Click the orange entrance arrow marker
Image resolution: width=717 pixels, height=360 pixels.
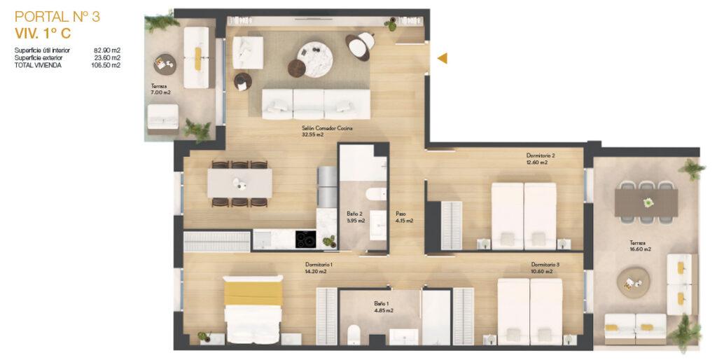pyautogui.click(x=443, y=58)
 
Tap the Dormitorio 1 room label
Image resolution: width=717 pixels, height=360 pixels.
pyautogui.click(x=319, y=264)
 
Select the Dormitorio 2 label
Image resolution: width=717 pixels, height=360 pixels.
pyautogui.click(x=541, y=155)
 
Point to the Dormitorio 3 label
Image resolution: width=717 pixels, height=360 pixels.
pyautogui.click(x=545, y=264)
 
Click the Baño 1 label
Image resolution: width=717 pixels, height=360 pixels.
pyautogui.click(x=382, y=303)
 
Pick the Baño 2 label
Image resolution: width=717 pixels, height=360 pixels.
pyautogui.click(x=354, y=214)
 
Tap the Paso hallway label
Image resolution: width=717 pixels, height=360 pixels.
pyautogui.click(x=401, y=214)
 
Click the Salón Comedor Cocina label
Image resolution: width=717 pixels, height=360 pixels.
pyautogui.click(x=327, y=129)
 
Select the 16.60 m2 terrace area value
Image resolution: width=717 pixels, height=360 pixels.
pyautogui.click(x=640, y=249)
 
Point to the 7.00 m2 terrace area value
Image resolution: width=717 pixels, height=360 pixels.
pyautogui.click(x=160, y=92)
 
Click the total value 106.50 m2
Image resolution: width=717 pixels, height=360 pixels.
pyautogui.click(x=106, y=65)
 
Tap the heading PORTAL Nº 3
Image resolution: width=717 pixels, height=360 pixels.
pyautogui.click(x=57, y=17)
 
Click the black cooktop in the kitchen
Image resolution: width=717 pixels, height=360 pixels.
pyautogui.click(x=305, y=240)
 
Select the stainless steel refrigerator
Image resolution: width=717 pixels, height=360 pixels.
pyautogui.click(x=328, y=186)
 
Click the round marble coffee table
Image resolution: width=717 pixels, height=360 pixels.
pyautogui.click(x=315, y=60)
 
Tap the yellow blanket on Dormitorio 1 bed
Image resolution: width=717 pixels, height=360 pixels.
pyautogui.click(x=253, y=293)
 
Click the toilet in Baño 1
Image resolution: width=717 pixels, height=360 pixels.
pyautogui.click(x=354, y=335)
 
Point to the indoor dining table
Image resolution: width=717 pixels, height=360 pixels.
pyautogui.click(x=239, y=184)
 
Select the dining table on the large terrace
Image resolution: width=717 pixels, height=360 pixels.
pyautogui.click(x=646, y=202)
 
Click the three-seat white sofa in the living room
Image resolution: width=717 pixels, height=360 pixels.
pyautogui.click(x=316, y=104)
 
